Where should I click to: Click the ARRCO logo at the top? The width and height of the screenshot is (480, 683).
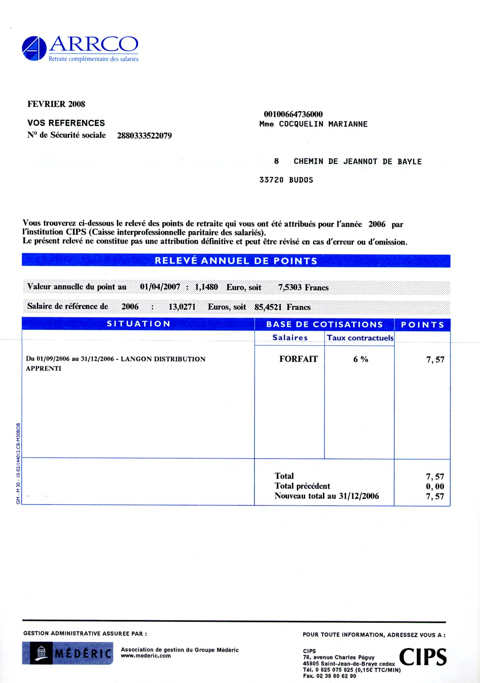pyautogui.click(x=80, y=49)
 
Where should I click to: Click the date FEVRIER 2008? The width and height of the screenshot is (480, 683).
pyautogui.click(x=56, y=104)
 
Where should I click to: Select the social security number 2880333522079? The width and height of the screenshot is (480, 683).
pyautogui.click(x=144, y=136)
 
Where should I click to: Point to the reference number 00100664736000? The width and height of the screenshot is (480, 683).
pyautogui.click(x=293, y=115)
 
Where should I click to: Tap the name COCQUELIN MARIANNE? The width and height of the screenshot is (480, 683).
pyautogui.click(x=323, y=124)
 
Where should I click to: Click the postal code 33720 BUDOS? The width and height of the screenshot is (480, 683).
pyautogui.click(x=286, y=180)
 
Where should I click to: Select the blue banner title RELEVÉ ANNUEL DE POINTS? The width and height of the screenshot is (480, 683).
pyautogui.click(x=236, y=261)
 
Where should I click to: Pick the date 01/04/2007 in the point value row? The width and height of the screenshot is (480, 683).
pyautogui.click(x=160, y=287)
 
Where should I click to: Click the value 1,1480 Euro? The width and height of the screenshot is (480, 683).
pyautogui.click(x=206, y=287)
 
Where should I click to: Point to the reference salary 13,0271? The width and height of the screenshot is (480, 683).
pyautogui.click(x=182, y=307)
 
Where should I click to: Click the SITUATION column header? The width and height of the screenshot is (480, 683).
pyautogui.click(x=138, y=324)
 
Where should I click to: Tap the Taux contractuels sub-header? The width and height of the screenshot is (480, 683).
pyautogui.click(x=360, y=338)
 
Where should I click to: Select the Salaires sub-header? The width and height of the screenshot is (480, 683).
pyautogui.click(x=290, y=338)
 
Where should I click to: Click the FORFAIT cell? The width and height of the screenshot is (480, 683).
pyautogui.click(x=298, y=359)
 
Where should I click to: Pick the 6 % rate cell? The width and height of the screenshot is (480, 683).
pyautogui.click(x=361, y=359)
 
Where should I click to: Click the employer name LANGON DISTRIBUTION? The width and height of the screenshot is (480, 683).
pyautogui.click(x=163, y=359)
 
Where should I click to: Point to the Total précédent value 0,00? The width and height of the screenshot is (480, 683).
pyautogui.click(x=435, y=487)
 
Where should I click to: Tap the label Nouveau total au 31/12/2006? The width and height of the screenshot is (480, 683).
pyautogui.click(x=326, y=496)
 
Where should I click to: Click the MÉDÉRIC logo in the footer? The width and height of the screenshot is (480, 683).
pyautogui.click(x=68, y=653)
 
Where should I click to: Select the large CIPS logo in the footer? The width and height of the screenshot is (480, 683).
pyautogui.click(x=423, y=657)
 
